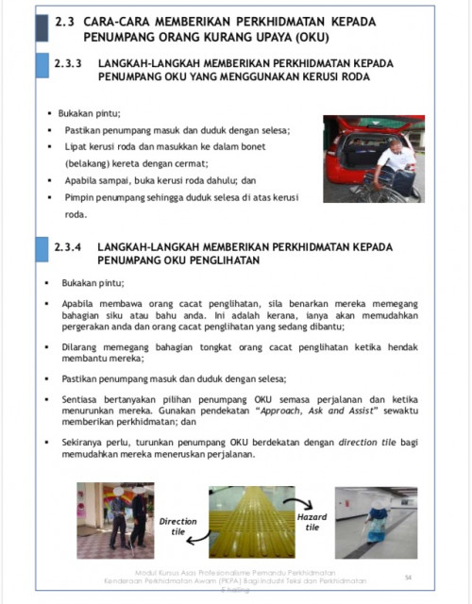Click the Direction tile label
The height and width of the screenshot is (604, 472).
177,527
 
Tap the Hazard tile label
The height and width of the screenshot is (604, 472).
312,522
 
